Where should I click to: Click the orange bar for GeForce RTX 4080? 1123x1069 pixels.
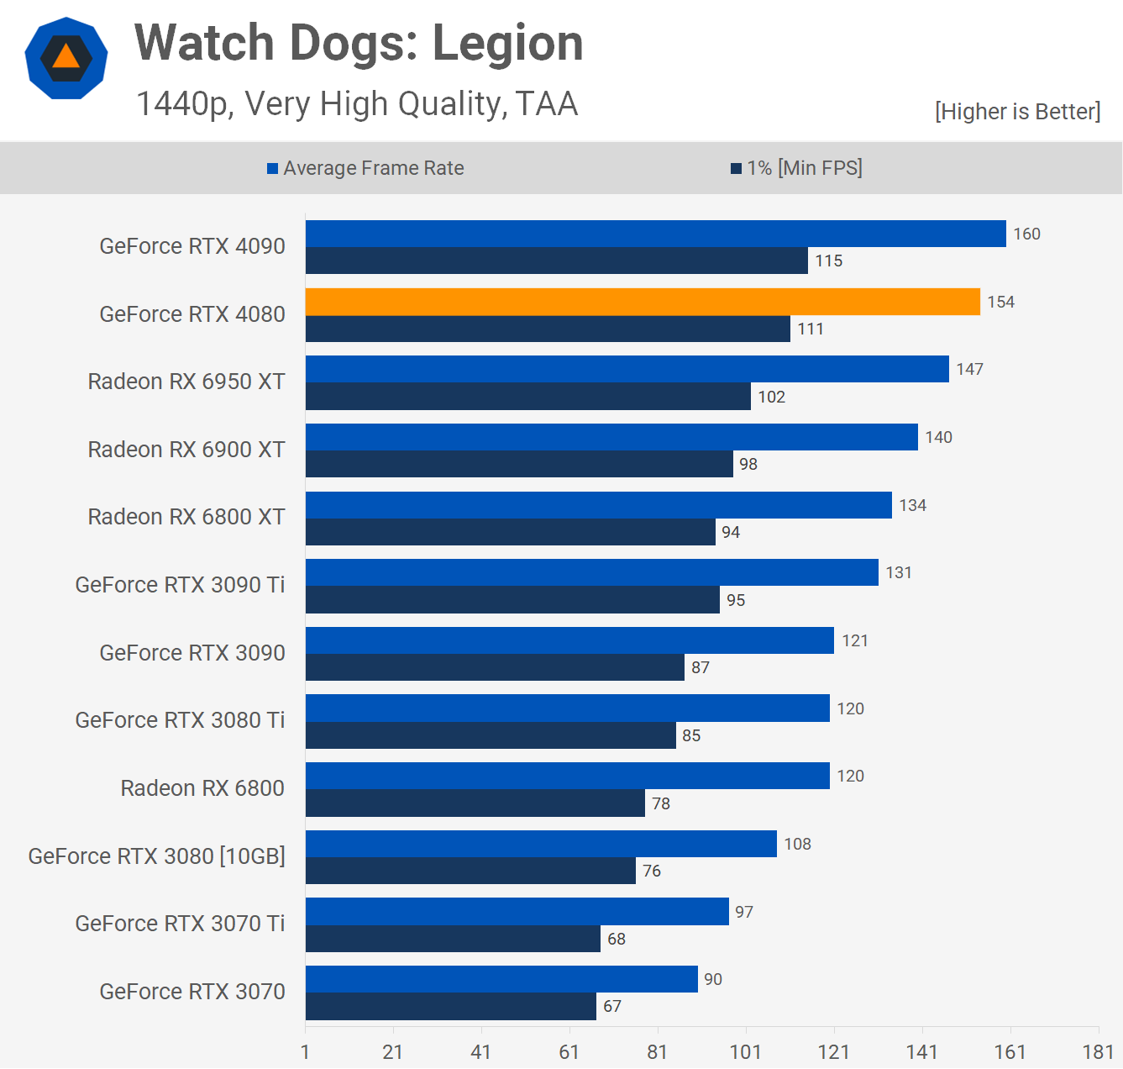click(x=643, y=302)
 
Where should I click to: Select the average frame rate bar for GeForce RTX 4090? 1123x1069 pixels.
click(x=655, y=234)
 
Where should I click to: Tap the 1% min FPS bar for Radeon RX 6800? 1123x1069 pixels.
click(x=475, y=803)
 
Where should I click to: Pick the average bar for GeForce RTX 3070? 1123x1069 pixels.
click(x=501, y=979)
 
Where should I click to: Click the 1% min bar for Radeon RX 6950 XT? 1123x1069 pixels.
click(x=527, y=396)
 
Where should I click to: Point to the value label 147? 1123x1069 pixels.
click(x=969, y=369)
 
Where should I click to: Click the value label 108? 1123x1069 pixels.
click(x=797, y=844)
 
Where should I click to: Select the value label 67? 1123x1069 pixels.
click(x=612, y=1006)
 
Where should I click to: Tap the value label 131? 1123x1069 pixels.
click(x=898, y=572)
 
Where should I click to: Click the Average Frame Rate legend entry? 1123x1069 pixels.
click(x=365, y=168)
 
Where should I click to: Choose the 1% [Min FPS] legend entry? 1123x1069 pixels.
click(x=796, y=168)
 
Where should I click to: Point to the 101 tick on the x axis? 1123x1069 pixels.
click(x=745, y=1051)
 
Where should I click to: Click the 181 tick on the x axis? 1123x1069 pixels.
click(x=1098, y=1051)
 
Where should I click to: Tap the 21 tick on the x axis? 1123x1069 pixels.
click(x=392, y=1051)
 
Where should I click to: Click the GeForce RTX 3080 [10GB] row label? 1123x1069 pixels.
click(x=157, y=856)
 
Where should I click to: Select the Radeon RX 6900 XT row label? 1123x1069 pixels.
click(x=186, y=449)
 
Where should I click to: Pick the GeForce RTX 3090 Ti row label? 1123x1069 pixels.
click(x=180, y=584)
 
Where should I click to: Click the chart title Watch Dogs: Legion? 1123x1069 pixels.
click(x=359, y=43)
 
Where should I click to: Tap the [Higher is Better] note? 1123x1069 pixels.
click(x=1017, y=111)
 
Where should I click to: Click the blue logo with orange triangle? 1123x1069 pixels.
click(x=66, y=58)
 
